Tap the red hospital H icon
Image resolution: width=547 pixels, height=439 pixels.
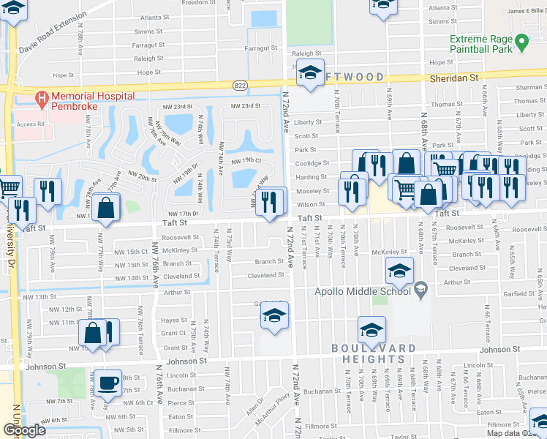[x=42, y=97]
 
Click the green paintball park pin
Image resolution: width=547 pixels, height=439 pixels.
[x=521, y=42]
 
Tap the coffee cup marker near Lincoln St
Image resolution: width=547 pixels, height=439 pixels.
[x=108, y=383]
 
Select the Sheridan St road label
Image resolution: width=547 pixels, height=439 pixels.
[x=453, y=76]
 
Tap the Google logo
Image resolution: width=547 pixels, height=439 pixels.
[x=24, y=430]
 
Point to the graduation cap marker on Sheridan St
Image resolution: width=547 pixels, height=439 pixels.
[x=311, y=73]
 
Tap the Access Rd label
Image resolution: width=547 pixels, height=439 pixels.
[x=30, y=124]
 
